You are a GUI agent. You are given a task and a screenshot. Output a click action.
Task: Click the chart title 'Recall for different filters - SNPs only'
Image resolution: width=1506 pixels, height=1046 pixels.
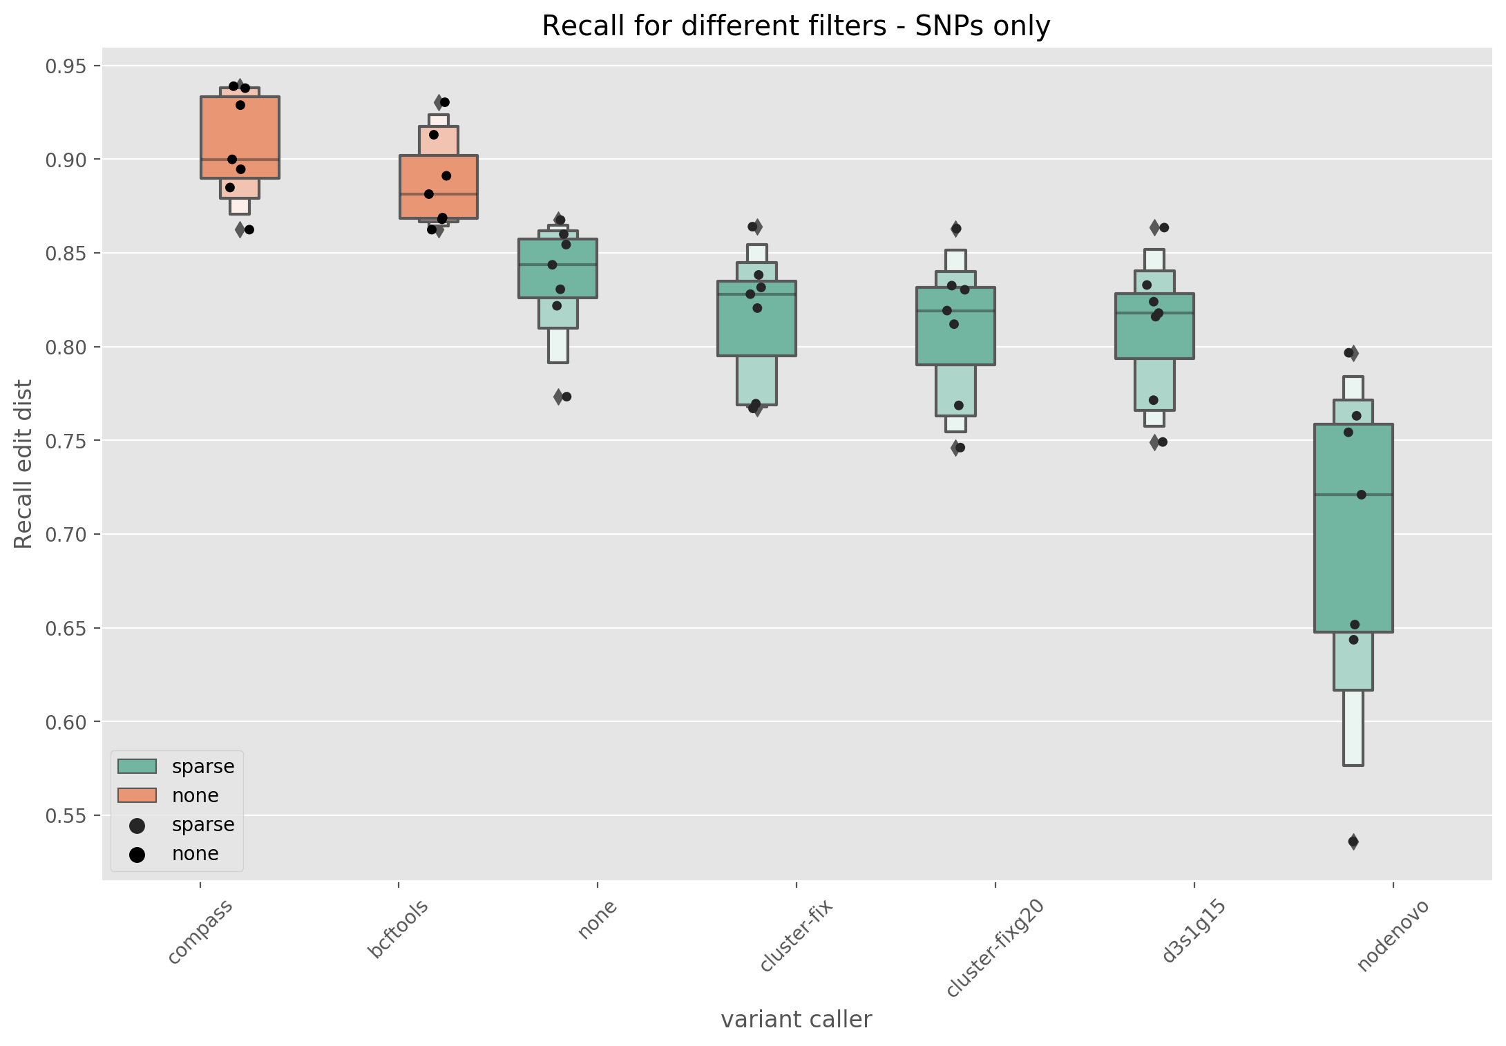(x=796, y=26)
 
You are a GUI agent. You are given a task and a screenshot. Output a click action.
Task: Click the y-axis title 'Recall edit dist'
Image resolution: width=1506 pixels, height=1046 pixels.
(x=23, y=464)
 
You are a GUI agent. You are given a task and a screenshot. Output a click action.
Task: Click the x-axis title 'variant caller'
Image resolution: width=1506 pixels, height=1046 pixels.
(x=796, y=1019)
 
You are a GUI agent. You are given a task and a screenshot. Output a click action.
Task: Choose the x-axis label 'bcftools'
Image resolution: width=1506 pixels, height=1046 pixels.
(x=399, y=929)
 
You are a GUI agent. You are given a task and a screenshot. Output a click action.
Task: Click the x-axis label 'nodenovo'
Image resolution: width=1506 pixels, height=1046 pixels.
(x=1392, y=935)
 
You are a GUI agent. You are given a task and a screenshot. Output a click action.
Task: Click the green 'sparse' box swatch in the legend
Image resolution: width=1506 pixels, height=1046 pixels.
(x=137, y=766)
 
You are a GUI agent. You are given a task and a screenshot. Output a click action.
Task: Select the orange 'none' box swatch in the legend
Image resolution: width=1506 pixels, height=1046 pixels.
(x=137, y=795)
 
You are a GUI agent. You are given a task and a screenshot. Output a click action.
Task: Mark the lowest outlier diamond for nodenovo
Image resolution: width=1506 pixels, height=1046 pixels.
(x=1353, y=841)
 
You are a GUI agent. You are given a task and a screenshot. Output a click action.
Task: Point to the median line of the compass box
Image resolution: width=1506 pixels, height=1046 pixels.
(x=240, y=159)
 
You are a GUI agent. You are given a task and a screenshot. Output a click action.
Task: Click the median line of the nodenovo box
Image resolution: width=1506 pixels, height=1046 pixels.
(x=1353, y=495)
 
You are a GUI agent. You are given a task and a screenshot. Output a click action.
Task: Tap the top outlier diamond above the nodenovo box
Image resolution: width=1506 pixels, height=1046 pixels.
(x=1353, y=353)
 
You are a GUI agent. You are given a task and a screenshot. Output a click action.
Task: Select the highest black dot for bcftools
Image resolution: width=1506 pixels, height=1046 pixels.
(x=444, y=102)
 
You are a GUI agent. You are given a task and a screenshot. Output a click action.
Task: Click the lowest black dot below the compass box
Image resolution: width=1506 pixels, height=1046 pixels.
(x=249, y=229)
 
